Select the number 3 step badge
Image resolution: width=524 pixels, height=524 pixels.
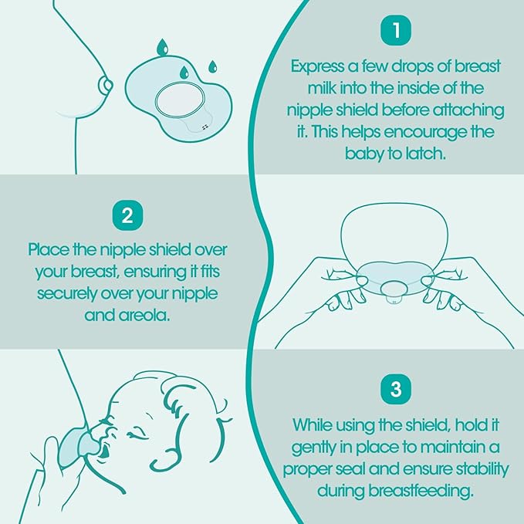(396, 389)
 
